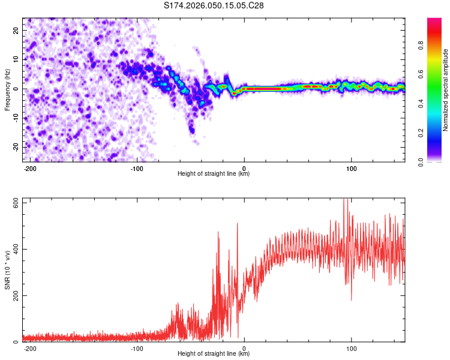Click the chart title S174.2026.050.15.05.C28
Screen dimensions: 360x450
click(214, 6)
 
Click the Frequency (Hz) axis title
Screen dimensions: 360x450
click(7, 89)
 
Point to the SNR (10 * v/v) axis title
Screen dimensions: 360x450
click(7, 271)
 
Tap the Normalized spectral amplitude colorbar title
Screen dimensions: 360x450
click(446, 90)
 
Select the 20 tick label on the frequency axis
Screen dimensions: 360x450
click(16, 30)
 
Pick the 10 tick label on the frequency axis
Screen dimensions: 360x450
click(16, 59)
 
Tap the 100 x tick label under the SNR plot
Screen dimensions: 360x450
click(351, 348)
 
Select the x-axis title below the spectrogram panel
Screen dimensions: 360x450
click(214, 174)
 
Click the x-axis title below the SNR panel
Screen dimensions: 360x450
click(214, 355)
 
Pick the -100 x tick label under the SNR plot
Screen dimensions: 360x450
click(137, 348)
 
